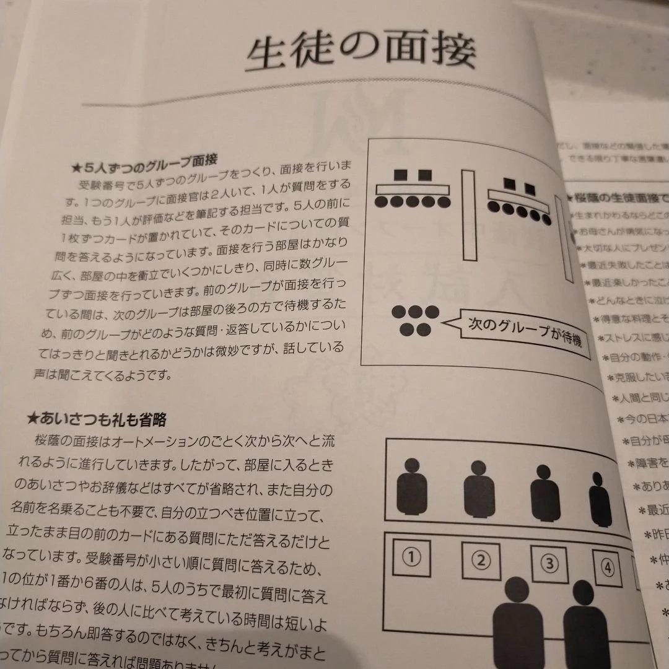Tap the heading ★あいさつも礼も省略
[97, 420]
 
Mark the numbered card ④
[607, 567]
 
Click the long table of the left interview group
[413, 188]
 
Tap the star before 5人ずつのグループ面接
[77, 167]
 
